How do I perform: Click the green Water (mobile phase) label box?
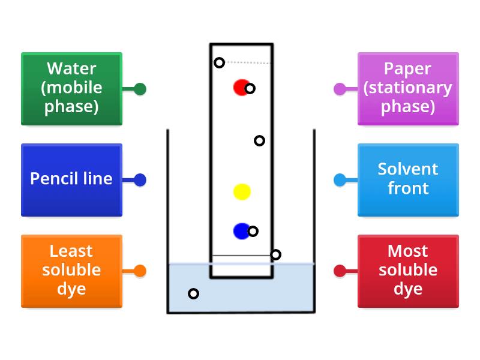tap(71, 89)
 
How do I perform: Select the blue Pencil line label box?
tap(71, 179)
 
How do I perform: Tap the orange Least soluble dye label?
tap(71, 271)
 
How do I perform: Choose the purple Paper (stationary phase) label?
tap(408, 89)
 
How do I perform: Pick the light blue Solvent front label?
tap(408, 179)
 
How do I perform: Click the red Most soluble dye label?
tap(408, 271)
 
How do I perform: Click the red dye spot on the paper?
tap(240, 88)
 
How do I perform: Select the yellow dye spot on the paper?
tap(242, 192)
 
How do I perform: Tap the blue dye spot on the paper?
tap(241, 231)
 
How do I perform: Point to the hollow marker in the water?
tap(193, 293)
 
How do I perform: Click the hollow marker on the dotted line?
tap(220, 62)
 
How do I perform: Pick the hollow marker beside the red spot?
tap(250, 89)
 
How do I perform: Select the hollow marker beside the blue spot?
tap(253, 231)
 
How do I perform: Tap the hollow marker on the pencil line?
tap(275, 254)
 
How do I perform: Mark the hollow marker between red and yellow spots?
tap(259, 140)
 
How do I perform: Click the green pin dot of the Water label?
tap(140, 89)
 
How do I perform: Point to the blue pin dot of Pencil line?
tap(140, 179)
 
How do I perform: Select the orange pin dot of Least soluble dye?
tap(140, 271)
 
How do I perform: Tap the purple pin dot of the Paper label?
tap(340, 89)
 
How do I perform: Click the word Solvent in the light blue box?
tap(408, 169)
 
